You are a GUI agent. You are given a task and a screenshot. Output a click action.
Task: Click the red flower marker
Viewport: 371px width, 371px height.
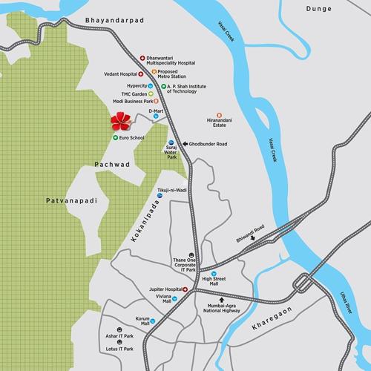click(119, 120)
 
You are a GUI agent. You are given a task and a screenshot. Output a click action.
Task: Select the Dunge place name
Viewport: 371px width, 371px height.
click(317, 8)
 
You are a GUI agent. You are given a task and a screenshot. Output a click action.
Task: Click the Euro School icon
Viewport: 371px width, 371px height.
click(115, 137)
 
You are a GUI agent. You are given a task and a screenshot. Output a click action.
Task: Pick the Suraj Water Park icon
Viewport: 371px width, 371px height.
click(171, 141)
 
